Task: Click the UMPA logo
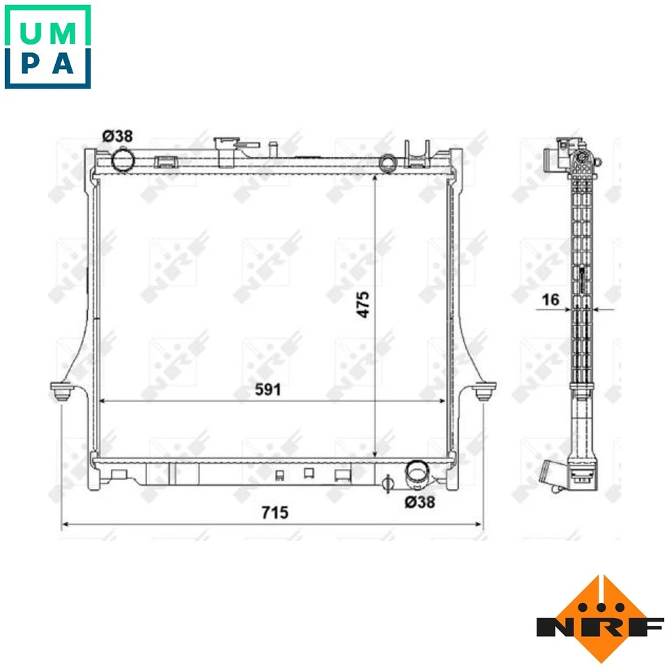(x=47, y=47)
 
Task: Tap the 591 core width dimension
(x=268, y=390)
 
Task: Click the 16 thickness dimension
(x=551, y=300)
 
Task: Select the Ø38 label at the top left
(x=117, y=137)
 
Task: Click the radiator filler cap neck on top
(x=227, y=151)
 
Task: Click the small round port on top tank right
(x=387, y=163)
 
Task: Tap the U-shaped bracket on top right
(x=416, y=155)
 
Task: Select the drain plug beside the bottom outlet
(x=389, y=482)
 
